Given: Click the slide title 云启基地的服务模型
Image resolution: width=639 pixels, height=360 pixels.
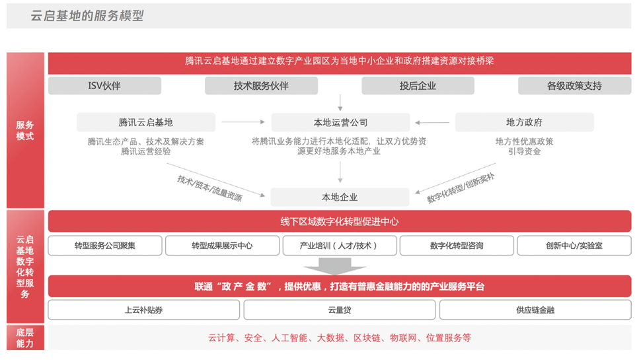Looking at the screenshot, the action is (x=87, y=16).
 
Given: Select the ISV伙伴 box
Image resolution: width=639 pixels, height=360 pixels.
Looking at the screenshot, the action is (x=104, y=85).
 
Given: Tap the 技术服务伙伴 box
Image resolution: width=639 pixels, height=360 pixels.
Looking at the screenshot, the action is (x=261, y=85).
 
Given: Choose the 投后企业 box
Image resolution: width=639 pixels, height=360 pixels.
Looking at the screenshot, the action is (x=418, y=85).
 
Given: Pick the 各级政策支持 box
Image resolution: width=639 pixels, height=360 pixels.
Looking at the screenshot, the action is (x=575, y=85).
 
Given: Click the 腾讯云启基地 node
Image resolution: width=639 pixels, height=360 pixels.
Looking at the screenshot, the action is (x=146, y=122).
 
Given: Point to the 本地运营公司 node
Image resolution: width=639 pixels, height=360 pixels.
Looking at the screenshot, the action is (x=341, y=122).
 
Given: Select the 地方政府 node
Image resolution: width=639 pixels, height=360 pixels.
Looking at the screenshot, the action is (x=525, y=122).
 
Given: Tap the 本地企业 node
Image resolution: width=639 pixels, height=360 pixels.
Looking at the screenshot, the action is (x=340, y=197).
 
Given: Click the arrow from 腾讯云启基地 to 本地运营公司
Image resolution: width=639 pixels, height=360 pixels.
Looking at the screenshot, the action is (x=243, y=122).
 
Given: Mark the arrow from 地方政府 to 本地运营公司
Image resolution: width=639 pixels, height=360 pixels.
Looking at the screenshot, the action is (x=432, y=122).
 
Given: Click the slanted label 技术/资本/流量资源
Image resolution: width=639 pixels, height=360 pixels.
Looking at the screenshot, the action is (x=209, y=188).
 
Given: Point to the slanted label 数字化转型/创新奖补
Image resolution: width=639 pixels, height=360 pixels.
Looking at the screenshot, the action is (x=461, y=188).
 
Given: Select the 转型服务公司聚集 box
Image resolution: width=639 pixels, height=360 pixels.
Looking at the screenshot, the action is (x=105, y=246).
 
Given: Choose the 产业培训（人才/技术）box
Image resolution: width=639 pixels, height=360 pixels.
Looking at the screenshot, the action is (x=340, y=246).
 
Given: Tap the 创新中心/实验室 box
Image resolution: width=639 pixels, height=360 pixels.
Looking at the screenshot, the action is (x=574, y=246).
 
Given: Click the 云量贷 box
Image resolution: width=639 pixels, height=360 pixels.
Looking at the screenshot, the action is (x=340, y=310).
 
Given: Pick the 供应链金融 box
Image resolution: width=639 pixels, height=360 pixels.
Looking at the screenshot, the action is (x=535, y=310).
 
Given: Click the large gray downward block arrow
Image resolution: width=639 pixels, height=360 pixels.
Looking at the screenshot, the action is (x=334, y=266).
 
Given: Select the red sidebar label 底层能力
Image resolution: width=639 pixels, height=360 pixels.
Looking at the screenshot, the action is (x=25, y=338).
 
